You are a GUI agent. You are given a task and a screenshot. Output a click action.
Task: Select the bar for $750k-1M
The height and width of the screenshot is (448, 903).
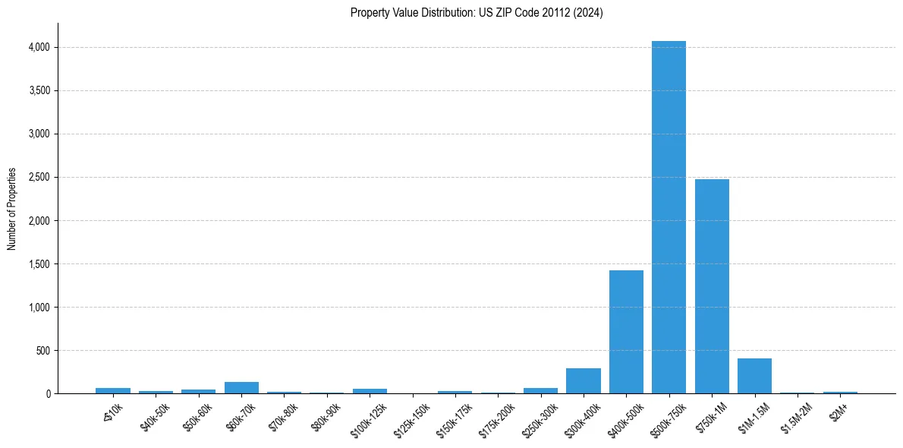[712, 286]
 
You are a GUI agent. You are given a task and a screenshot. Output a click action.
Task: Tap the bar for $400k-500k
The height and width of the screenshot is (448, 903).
[626, 332]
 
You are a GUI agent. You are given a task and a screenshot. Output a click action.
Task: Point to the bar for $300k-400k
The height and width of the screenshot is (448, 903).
[583, 381]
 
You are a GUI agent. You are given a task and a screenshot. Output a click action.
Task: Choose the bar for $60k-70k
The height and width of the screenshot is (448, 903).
[241, 388]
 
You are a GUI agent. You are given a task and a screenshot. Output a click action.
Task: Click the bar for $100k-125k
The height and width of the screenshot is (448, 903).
[370, 391]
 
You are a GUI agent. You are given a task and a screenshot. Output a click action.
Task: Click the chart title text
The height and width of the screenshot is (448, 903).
[477, 13]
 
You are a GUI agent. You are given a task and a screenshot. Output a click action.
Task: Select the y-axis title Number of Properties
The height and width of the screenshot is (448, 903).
[12, 209]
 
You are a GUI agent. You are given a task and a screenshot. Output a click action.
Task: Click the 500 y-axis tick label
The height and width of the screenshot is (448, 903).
[42, 351]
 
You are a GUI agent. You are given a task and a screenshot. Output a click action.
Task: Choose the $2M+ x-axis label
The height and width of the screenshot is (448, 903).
[838, 415]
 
